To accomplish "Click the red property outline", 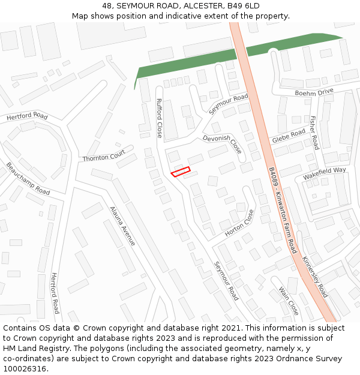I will click(x=180, y=172).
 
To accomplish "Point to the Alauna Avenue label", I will click(x=122, y=226).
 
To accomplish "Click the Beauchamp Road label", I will click(x=28, y=178).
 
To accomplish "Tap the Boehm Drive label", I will click(x=314, y=92).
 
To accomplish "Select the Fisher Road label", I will click(x=314, y=133).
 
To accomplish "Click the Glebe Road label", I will click(x=289, y=137).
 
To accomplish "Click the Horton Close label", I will click(x=239, y=222).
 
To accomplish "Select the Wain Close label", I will click(x=289, y=301).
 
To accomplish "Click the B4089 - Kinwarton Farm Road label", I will click(x=283, y=210).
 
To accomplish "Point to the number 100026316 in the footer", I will click(x=24, y=368).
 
